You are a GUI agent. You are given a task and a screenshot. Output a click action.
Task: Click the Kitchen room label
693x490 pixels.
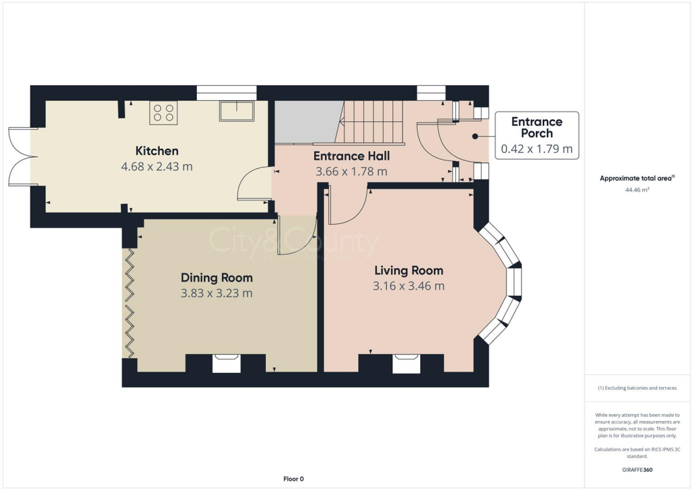pyautogui.click(x=156, y=150)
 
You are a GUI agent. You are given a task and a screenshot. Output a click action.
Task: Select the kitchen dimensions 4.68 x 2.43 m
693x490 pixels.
pyautogui.click(x=156, y=166)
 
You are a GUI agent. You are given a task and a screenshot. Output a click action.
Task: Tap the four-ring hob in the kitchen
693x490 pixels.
pyautogui.click(x=163, y=112)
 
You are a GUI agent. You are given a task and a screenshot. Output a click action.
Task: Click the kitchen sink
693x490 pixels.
pyautogui.click(x=236, y=111)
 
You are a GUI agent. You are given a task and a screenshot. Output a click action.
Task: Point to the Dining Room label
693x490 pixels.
pyautogui.click(x=217, y=277)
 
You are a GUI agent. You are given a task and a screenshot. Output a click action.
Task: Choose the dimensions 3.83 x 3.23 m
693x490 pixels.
pyautogui.click(x=217, y=293)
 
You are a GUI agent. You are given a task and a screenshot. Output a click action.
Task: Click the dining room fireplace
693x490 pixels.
pyautogui.click(x=226, y=363)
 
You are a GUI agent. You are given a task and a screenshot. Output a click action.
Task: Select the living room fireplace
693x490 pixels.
pyautogui.click(x=406, y=363)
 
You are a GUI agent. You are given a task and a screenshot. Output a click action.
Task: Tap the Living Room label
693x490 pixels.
pyautogui.click(x=409, y=271)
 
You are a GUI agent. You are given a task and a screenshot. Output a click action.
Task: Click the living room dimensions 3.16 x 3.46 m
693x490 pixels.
pyautogui.click(x=409, y=286)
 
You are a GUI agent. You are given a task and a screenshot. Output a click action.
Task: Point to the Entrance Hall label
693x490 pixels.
pyautogui.click(x=351, y=156)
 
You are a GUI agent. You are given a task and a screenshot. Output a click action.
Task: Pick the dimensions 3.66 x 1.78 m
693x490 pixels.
pyautogui.click(x=351, y=171)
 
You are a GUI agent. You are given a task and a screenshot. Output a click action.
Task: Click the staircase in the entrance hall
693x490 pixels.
pyautogui.click(x=372, y=122)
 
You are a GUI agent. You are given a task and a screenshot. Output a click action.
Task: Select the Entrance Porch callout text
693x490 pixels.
pyautogui.click(x=537, y=127)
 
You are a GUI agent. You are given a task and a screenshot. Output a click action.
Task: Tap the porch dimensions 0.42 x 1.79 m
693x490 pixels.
pyautogui.click(x=537, y=149)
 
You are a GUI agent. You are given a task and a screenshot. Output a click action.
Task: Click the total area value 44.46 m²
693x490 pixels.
pyautogui.click(x=636, y=190)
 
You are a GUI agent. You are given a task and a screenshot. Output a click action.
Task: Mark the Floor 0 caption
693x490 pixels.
pyautogui.click(x=293, y=479)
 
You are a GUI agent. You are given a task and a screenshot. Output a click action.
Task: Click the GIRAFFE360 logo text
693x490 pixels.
pyautogui.click(x=636, y=469)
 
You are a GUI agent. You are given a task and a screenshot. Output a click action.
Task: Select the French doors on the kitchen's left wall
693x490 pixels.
pyautogui.click(x=20, y=156)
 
